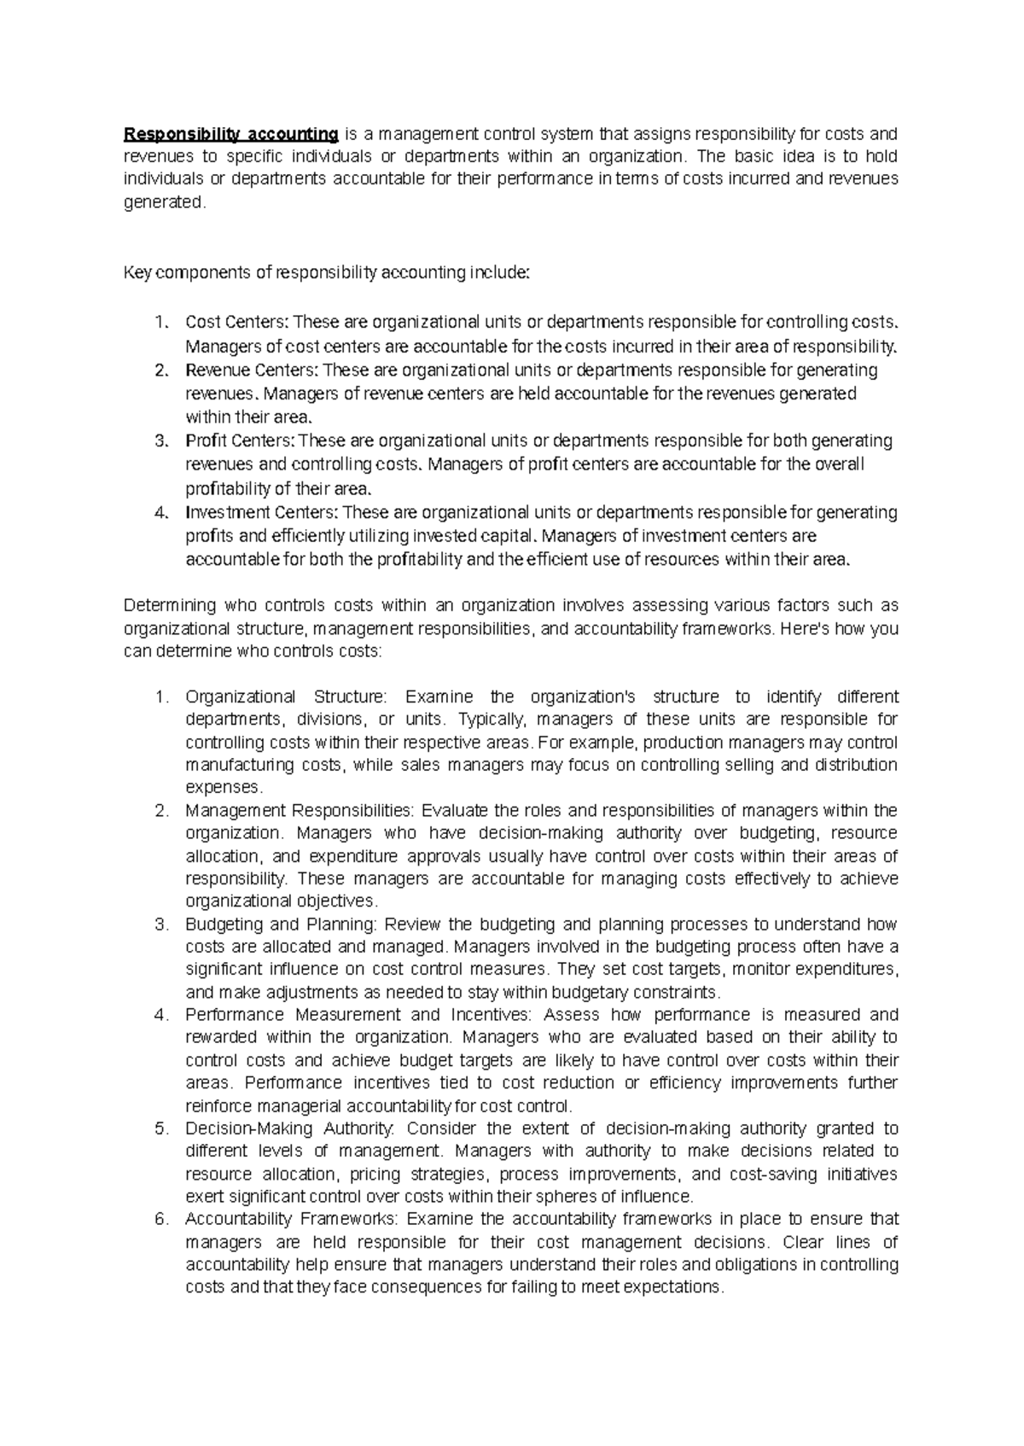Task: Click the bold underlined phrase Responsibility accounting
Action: pyautogui.click(x=231, y=134)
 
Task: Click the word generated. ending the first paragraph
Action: pyautogui.click(x=165, y=202)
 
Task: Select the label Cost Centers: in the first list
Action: pyautogui.click(x=237, y=323)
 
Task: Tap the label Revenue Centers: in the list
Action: pyautogui.click(x=251, y=370)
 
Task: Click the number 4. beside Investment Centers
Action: pyautogui.click(x=161, y=513)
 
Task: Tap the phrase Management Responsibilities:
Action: pyautogui.click(x=299, y=810)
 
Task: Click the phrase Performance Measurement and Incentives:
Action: pyautogui.click(x=358, y=1015)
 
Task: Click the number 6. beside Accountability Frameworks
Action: pyautogui.click(x=161, y=1219)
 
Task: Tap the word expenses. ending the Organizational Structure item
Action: pyautogui.click(x=222, y=787)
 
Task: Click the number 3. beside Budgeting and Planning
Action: pyautogui.click(x=161, y=924)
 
